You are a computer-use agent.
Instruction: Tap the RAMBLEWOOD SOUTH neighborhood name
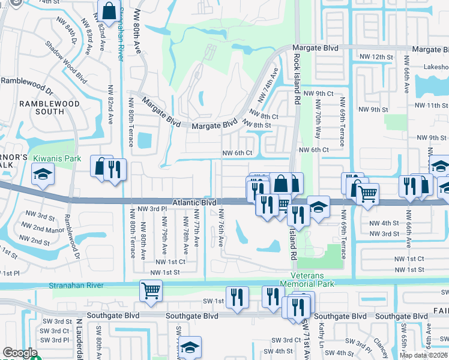(x=41, y=107)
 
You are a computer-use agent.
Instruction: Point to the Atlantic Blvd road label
(x=194, y=203)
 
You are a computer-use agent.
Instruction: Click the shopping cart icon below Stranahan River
(x=151, y=291)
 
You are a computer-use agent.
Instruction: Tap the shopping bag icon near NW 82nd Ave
(x=109, y=10)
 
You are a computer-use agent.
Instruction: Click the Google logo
(x=20, y=353)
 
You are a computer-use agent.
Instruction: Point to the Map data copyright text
(x=423, y=355)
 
